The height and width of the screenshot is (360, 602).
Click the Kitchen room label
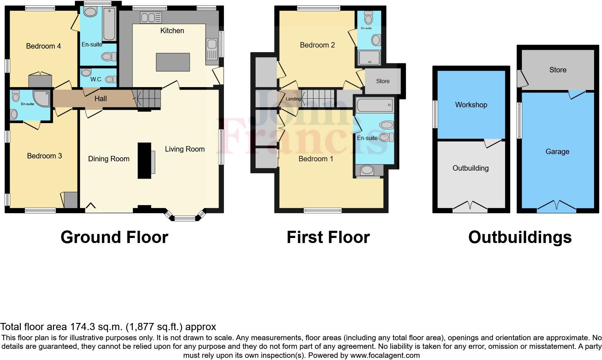pyautogui.click(x=172, y=31)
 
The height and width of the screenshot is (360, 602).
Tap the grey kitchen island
pyautogui.click(x=173, y=62)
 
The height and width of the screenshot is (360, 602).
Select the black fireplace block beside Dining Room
pyautogui.click(x=144, y=161)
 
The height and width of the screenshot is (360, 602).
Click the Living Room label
pyautogui.click(x=185, y=149)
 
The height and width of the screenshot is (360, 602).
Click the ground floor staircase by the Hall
pyautogui.click(x=147, y=98)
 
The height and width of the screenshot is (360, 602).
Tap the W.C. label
pyautogui.click(x=96, y=79)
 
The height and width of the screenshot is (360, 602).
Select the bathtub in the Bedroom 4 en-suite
pyautogui.click(x=109, y=24)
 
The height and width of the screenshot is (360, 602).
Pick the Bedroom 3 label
pyautogui.click(x=44, y=156)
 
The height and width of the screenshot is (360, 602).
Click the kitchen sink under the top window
pyautogui.click(x=151, y=17)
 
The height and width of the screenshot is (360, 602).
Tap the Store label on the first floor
pyautogui.click(x=383, y=81)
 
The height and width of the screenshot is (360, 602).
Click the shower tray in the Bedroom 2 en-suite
pyautogui.click(x=369, y=58)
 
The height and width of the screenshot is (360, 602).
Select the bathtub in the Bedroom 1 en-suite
pyautogui.click(x=375, y=105)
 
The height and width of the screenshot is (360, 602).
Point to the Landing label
pyautogui.click(x=293, y=99)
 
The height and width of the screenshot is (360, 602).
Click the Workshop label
pyautogui.click(x=471, y=105)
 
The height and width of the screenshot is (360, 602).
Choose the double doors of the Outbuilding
pyautogui.click(x=470, y=206)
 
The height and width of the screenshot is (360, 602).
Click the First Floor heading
pyautogui.click(x=328, y=237)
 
